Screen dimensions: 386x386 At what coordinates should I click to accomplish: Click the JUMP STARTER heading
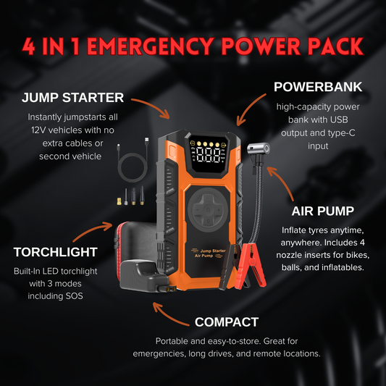pos(72,98)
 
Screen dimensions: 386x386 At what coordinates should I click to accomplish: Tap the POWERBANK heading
pos(318,87)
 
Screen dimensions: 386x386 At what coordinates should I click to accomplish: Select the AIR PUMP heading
pos(323,211)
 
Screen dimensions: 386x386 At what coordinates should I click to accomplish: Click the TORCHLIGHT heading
pos(55,252)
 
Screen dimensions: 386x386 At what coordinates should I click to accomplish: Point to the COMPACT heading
pos(227,322)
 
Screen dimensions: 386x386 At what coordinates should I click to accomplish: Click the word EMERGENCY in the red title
pos(151,46)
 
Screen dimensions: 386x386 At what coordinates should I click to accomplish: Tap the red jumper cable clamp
pos(250,266)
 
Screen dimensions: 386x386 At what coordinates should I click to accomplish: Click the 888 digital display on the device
pos(209,155)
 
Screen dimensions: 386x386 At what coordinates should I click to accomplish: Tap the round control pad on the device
pos(208,210)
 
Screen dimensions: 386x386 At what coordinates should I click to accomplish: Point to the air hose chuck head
pos(259,149)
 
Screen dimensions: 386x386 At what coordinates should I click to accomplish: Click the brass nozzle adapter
pos(119,201)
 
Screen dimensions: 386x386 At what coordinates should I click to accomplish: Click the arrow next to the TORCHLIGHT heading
pos(93,230)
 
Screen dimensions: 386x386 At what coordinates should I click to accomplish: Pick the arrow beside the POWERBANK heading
pos(249,109)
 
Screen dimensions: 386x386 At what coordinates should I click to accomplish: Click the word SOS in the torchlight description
pos(75,296)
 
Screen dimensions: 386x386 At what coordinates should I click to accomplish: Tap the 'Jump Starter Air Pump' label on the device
pos(209,253)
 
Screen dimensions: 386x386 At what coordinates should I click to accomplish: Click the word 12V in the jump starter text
pos(38,130)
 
